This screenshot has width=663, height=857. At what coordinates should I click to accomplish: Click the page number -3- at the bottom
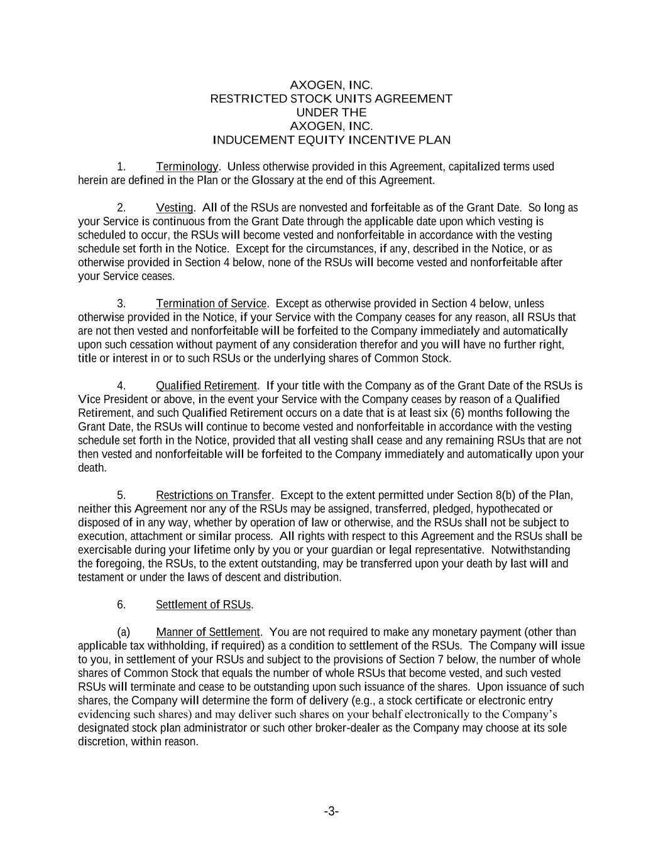point(331,811)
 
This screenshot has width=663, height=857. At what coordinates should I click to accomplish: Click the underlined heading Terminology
point(187,166)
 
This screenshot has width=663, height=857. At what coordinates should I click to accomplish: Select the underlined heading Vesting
point(174,208)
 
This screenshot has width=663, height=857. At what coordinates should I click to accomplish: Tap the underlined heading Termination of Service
point(211,304)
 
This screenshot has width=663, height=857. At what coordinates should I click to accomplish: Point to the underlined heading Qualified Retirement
point(206,385)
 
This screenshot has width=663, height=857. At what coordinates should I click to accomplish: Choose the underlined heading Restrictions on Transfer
point(213,495)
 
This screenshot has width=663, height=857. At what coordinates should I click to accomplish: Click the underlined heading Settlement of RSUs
point(204,605)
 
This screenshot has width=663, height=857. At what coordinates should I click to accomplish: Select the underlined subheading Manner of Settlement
point(207,632)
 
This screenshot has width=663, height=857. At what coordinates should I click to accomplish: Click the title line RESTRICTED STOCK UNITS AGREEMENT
point(331,99)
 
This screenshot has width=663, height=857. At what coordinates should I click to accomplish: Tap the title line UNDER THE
point(331,112)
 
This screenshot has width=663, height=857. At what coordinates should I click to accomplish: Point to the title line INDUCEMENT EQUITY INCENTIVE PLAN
point(331,140)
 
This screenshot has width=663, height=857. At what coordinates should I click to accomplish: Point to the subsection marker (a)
point(123,632)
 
